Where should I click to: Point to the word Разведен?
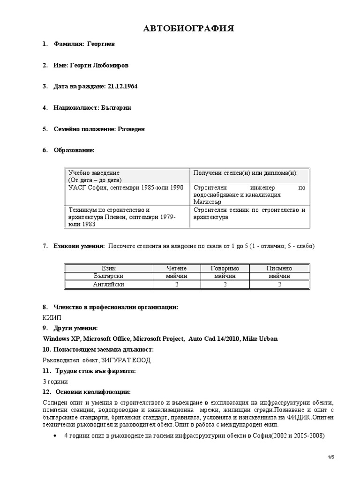130,129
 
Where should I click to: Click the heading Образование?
75,150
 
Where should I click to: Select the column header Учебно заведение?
94,173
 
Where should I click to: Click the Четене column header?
176,268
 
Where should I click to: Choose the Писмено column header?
279,268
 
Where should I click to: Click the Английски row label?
109,285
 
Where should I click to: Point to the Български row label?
108,277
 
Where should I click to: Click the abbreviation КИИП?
51,317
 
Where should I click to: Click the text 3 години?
55,381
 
